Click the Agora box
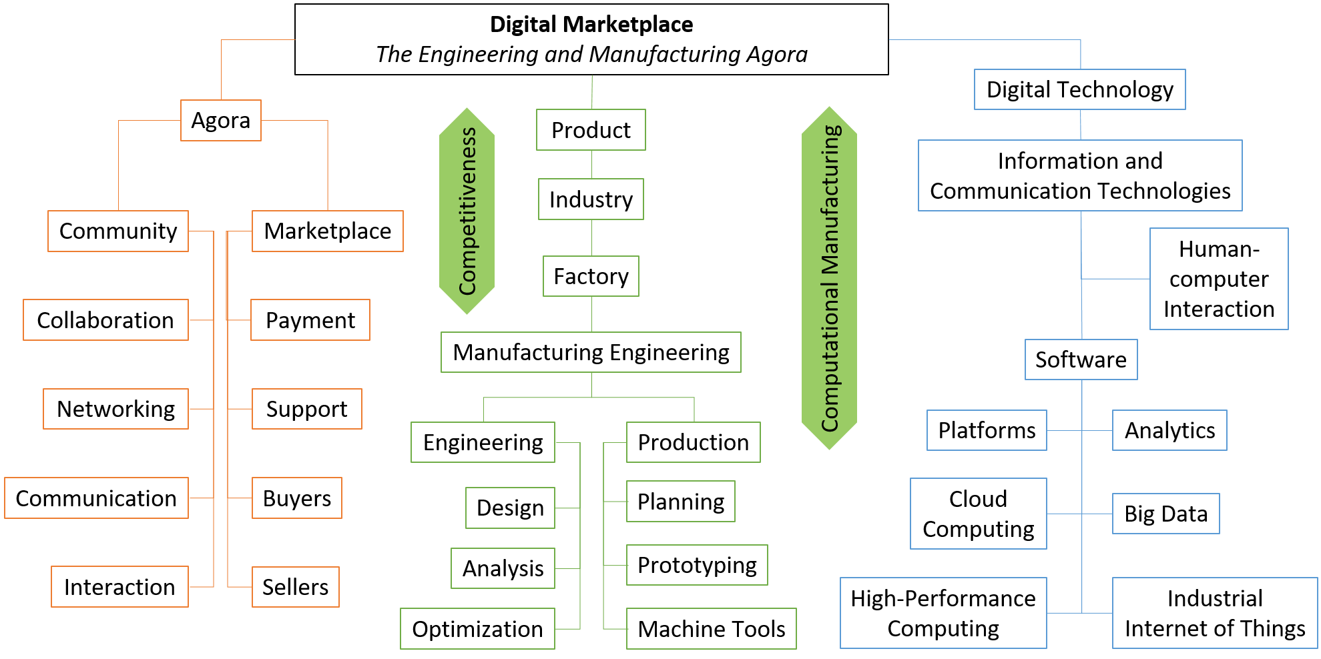tap(221, 121)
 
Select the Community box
tap(118, 231)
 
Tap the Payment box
tap(310, 320)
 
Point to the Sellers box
tap(296, 587)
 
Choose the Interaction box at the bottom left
tap(119, 587)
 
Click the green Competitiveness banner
tap(467, 211)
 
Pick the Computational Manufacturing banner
tap(829, 278)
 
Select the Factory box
tap(591, 276)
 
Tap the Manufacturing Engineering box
tap(591, 352)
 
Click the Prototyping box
tap(697, 565)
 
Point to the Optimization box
tap(477, 629)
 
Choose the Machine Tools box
tap(712, 629)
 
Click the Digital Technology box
tap(1080, 89)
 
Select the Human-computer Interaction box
tap(1219, 279)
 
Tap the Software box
tap(1081, 360)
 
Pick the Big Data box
tap(1166, 514)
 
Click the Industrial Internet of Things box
tap(1215, 613)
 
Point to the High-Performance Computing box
tap(943, 613)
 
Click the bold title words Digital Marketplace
tap(591, 25)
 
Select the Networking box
tap(115, 409)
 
